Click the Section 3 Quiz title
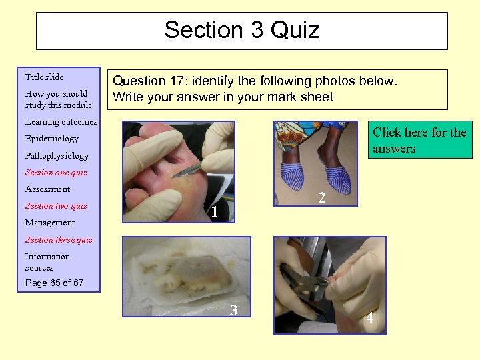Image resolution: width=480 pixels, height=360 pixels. (x=242, y=30)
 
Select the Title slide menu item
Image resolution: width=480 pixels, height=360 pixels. (x=44, y=77)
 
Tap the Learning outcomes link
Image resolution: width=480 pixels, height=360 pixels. (x=61, y=122)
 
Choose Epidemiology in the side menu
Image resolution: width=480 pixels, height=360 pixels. (x=51, y=139)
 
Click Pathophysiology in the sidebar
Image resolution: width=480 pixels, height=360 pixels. (x=57, y=155)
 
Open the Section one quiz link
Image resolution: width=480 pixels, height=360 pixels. (x=55, y=172)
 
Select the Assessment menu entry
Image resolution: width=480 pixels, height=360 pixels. (x=47, y=189)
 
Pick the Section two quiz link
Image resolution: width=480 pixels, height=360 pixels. (x=55, y=205)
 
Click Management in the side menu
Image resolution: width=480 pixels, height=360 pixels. (x=49, y=222)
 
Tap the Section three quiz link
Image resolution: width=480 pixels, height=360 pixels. (x=59, y=239)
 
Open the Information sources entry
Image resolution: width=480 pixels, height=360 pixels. (x=47, y=261)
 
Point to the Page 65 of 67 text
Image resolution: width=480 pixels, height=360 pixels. (x=54, y=283)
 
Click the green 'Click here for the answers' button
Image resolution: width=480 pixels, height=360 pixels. (x=419, y=140)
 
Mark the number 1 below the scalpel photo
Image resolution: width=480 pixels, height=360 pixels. (x=214, y=213)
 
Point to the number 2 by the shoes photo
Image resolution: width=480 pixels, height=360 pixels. (x=321, y=198)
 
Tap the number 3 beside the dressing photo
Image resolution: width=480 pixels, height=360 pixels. (x=233, y=309)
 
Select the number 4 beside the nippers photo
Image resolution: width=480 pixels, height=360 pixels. (x=369, y=319)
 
